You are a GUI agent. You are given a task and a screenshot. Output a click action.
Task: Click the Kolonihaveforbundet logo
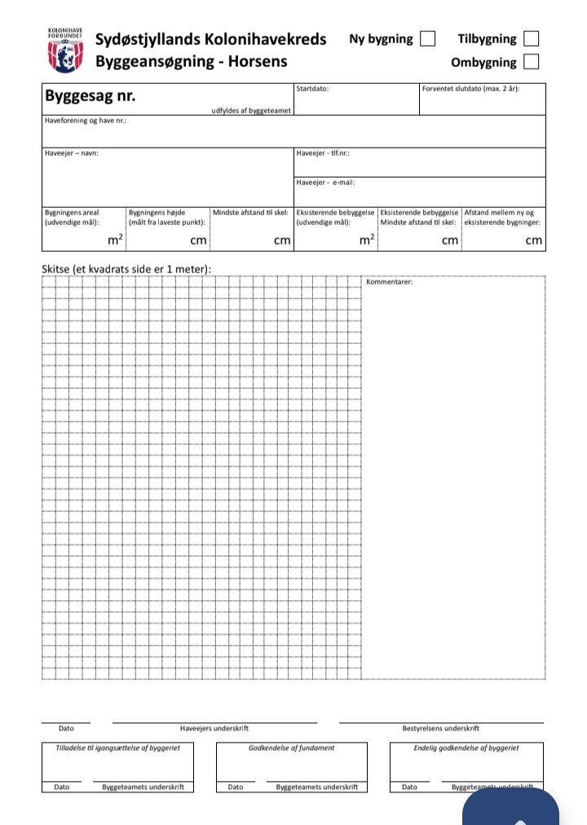click(x=65, y=50)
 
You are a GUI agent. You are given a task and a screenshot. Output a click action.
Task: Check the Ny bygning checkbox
click(x=426, y=38)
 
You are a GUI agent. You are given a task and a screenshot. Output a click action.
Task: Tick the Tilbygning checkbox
click(x=531, y=38)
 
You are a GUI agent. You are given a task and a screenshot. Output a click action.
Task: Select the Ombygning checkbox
click(x=531, y=61)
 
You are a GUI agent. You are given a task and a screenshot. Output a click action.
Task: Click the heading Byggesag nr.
click(x=90, y=96)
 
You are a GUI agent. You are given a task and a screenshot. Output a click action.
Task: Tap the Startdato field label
click(x=313, y=88)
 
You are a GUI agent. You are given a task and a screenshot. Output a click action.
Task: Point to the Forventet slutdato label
click(x=470, y=88)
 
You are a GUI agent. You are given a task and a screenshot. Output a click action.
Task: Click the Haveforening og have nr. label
click(x=85, y=121)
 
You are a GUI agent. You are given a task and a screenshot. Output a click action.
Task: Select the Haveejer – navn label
click(x=72, y=152)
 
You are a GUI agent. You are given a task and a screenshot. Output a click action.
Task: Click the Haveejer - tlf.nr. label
click(x=323, y=152)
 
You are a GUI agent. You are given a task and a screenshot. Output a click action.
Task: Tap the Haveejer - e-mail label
click(x=325, y=183)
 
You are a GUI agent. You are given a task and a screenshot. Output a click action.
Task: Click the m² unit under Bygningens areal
click(x=115, y=240)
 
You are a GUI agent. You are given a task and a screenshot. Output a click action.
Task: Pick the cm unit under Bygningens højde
click(x=198, y=240)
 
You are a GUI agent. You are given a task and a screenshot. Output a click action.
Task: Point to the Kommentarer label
click(x=390, y=282)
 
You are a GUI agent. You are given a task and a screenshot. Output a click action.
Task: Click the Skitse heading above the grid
click(x=126, y=269)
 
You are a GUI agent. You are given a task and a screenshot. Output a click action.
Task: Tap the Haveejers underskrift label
click(x=214, y=729)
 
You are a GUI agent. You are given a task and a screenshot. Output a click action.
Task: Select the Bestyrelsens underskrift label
click(x=440, y=729)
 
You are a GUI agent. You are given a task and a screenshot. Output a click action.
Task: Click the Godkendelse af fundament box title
click(x=291, y=748)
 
